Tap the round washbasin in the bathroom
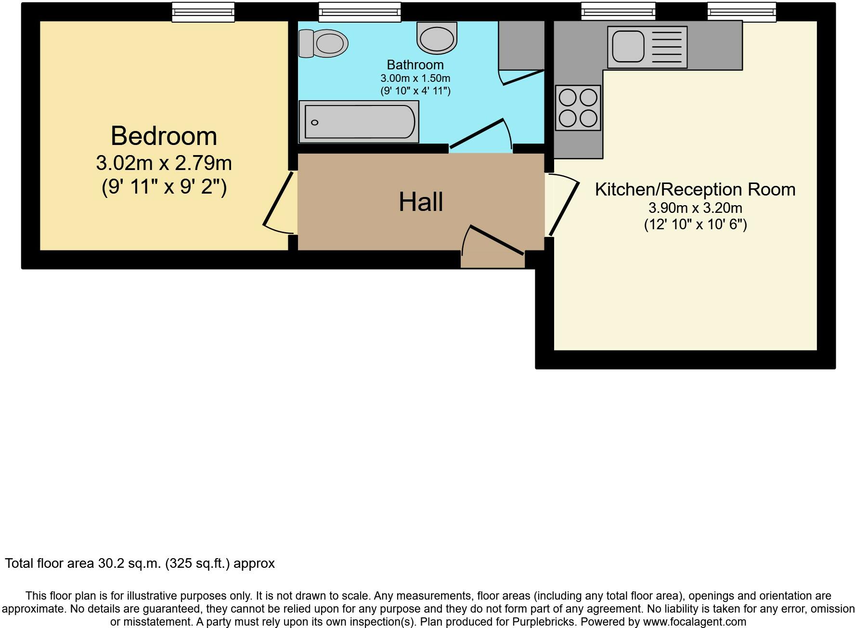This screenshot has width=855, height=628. (x=437, y=38)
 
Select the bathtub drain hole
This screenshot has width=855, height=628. (x=315, y=122)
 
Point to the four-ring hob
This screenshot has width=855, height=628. (x=578, y=108)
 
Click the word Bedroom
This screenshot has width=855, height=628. (x=164, y=136)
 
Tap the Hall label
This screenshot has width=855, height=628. (x=421, y=202)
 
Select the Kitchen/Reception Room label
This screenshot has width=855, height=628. (x=695, y=189)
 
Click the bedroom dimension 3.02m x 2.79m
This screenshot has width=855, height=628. (x=164, y=163)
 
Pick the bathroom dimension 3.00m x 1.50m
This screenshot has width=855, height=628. (x=415, y=78)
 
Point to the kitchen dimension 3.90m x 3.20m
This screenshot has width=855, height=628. (x=695, y=208)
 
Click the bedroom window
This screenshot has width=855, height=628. (x=203, y=12)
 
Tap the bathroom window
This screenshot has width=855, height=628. (x=360, y=12)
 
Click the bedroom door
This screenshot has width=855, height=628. (x=278, y=199)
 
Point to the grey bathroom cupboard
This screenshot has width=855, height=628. (x=521, y=45)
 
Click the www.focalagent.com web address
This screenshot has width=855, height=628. (x=695, y=622)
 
